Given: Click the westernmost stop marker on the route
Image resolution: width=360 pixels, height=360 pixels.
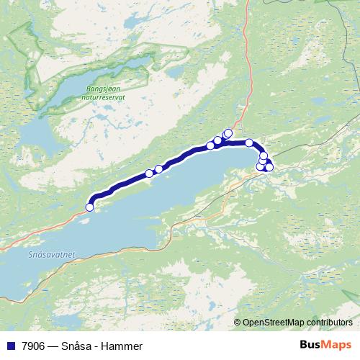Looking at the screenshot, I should [90, 207].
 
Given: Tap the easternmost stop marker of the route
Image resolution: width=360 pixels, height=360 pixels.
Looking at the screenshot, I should [269, 167].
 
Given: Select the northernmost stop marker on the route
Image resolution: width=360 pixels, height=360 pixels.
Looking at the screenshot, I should [228, 132].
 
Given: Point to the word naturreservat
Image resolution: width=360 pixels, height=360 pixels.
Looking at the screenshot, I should [104, 97].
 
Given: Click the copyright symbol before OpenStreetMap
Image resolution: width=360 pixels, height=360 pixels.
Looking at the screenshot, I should [238, 322].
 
